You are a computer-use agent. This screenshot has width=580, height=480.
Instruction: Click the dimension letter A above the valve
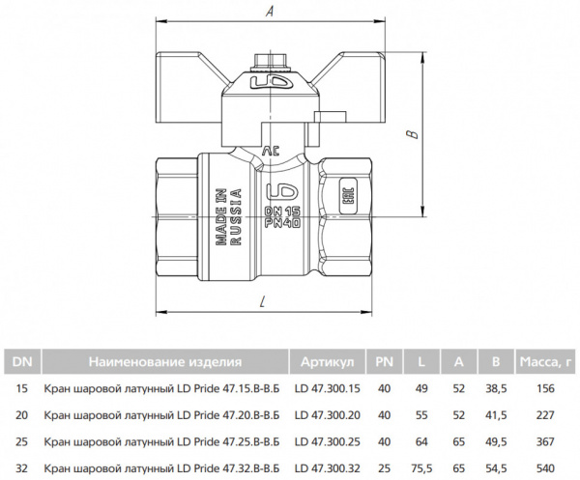(270, 12)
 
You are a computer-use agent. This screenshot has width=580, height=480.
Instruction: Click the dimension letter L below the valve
(262, 302)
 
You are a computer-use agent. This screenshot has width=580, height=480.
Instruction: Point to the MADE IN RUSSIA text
(228, 216)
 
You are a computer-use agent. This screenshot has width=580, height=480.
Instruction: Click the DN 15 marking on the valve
(282, 211)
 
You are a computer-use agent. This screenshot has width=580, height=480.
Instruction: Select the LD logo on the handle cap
(271, 82)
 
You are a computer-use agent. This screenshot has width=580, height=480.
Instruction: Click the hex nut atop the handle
(266, 62)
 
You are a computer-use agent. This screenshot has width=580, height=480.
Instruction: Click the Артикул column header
(327, 361)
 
